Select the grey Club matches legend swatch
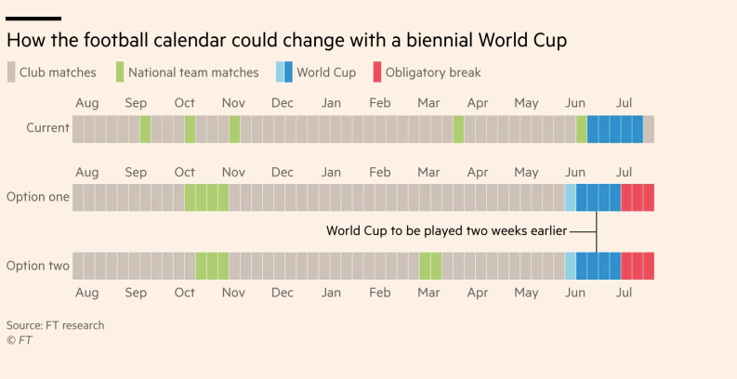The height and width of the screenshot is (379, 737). pyautogui.click(x=11, y=72)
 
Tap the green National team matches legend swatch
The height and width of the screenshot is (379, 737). pyautogui.click(x=120, y=72)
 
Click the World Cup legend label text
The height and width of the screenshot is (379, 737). pyautogui.click(x=326, y=72)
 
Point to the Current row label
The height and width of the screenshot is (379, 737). pyautogui.click(x=47, y=129)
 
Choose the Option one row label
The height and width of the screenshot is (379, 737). pyautogui.click(x=38, y=197)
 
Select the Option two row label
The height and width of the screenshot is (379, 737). pyautogui.click(x=38, y=266)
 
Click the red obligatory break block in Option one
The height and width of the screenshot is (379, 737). pyautogui.click(x=638, y=198)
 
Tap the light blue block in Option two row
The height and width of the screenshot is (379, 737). pyautogui.click(x=571, y=266)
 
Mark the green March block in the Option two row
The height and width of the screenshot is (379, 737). pyautogui.click(x=430, y=266)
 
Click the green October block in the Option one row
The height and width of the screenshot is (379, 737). pyautogui.click(x=206, y=198)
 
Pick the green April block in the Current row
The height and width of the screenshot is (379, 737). pyautogui.click(x=458, y=129)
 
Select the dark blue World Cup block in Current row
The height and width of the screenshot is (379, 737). pyautogui.click(x=615, y=129)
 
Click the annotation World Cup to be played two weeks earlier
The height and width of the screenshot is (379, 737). pyautogui.click(x=446, y=230)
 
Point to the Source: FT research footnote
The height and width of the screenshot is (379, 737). pyautogui.click(x=55, y=325)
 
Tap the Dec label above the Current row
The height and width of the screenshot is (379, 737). pyautogui.click(x=283, y=103)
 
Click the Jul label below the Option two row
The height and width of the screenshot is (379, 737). pyautogui.click(x=624, y=293)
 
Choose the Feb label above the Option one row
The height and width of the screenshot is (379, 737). pyautogui.click(x=379, y=173)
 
